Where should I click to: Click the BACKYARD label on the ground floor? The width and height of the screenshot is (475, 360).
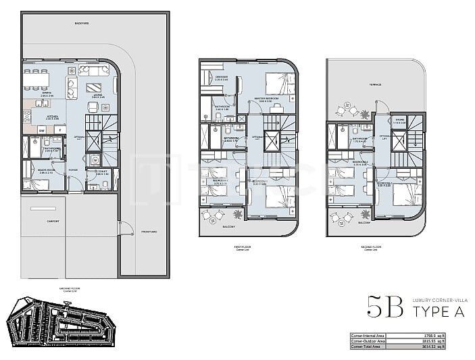(83, 24)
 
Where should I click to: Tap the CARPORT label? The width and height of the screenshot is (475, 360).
(53, 221)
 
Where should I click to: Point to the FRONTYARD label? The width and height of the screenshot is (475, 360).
(149, 232)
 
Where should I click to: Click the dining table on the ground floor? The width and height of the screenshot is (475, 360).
(38, 80)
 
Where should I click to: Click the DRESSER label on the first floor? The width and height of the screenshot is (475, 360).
(222, 78)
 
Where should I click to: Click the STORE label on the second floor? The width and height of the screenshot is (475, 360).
(400, 122)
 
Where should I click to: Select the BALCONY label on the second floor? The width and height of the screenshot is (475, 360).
(364, 222)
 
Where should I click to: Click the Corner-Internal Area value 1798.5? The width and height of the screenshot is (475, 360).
(428, 335)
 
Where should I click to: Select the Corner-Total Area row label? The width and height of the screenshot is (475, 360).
(369, 347)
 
